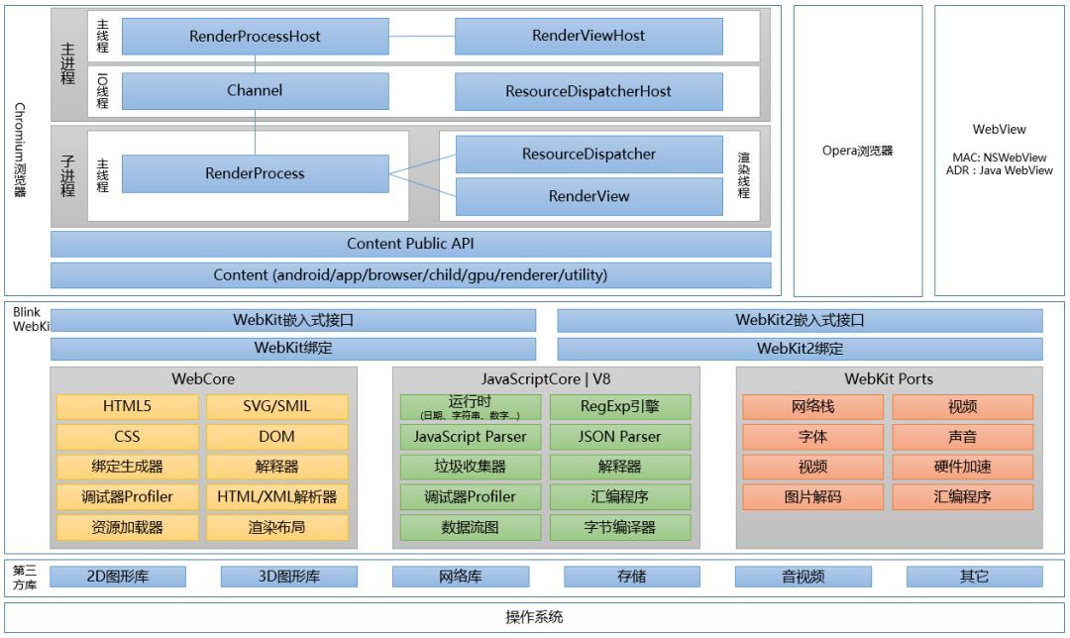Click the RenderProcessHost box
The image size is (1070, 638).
point(256,37)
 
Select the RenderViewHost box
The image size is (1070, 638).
point(588,37)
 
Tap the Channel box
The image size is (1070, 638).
point(256,91)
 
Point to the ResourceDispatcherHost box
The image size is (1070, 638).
point(588,91)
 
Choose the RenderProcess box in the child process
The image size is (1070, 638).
point(256,173)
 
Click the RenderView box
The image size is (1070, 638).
point(588,196)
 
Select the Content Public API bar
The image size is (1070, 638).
point(411,244)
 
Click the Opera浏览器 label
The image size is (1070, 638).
point(857,151)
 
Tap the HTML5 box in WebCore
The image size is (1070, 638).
point(127,407)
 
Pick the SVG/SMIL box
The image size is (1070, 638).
point(277,407)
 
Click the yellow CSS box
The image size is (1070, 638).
point(127,437)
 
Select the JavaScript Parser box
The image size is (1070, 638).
point(471,437)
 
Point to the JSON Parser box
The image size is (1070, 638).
point(620,437)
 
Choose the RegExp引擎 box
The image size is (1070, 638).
point(620,407)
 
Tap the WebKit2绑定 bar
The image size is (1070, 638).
point(800,349)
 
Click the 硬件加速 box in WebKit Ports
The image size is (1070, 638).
point(963,467)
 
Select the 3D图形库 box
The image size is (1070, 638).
point(289,577)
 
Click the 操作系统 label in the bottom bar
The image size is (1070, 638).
point(534,617)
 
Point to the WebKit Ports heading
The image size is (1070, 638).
point(889,379)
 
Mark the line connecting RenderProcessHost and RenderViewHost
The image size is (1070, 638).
point(422,37)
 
